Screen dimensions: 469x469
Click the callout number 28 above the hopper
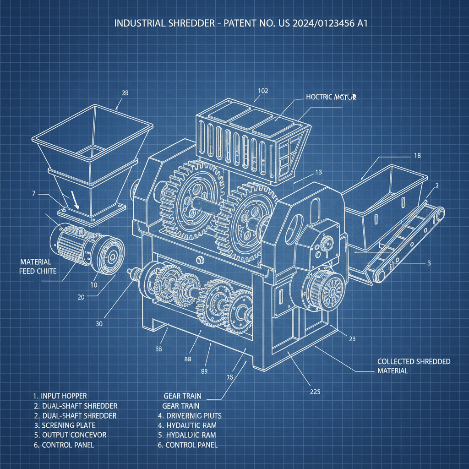[125, 93]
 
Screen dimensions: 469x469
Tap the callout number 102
[262, 91]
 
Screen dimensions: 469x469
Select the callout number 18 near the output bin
[417, 156]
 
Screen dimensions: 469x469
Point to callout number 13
[319, 173]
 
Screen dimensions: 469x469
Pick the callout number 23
[352, 339]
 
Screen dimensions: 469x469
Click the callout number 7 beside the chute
[33, 194]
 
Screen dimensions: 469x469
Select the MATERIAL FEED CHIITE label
[38, 267]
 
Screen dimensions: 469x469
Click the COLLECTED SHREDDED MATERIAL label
[414, 366]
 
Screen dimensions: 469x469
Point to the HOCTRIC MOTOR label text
[330, 98]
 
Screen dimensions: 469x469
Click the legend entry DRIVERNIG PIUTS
[194, 415]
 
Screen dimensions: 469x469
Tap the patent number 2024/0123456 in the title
[313, 23]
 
